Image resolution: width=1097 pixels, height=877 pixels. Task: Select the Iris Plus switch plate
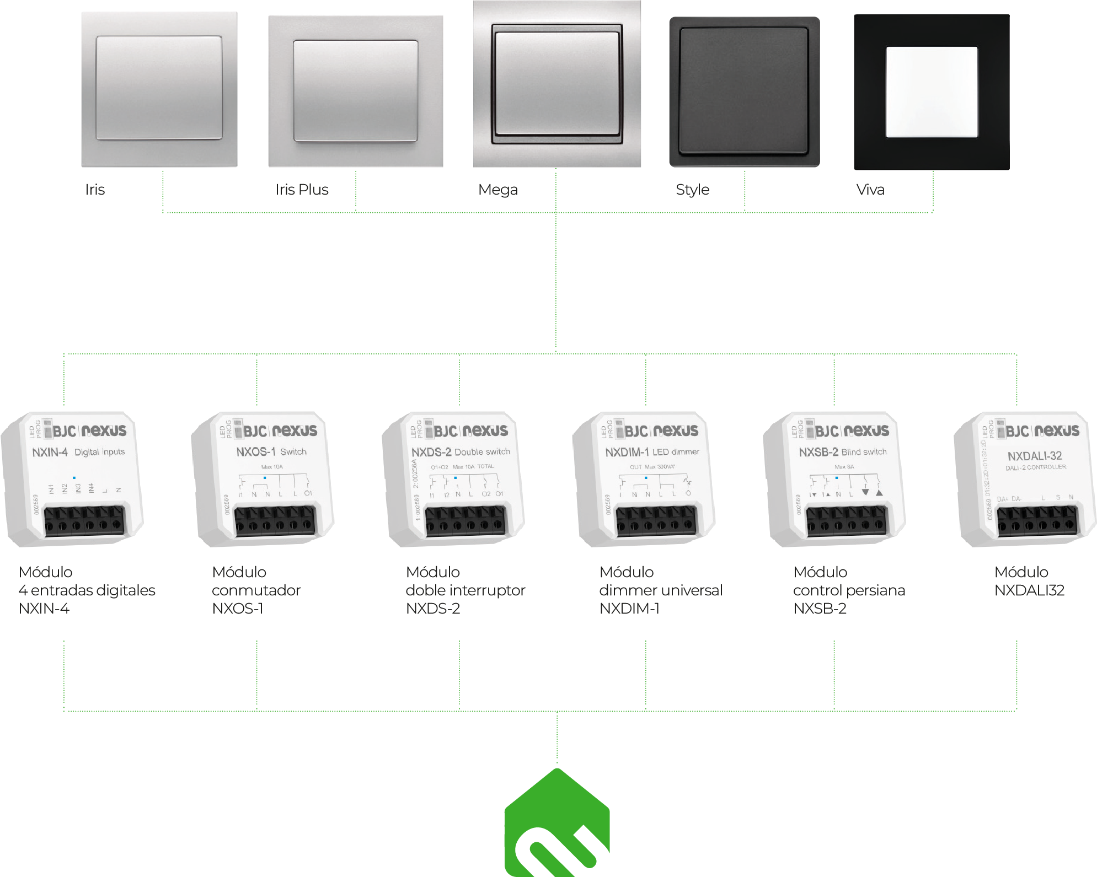coord(355,91)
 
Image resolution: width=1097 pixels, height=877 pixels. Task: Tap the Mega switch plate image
coord(557,84)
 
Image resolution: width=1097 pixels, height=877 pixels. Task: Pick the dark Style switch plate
coord(744,92)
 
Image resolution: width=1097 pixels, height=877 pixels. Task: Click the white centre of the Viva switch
coord(932,92)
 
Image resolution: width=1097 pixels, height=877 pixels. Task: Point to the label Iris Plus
coord(302,190)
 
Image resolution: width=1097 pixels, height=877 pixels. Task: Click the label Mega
coord(497,190)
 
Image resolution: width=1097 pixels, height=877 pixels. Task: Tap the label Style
coord(692,190)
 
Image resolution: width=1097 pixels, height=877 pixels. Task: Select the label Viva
coord(870,190)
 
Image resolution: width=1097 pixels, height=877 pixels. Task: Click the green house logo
coord(557,824)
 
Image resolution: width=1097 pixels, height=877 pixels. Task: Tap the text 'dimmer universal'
coord(660,590)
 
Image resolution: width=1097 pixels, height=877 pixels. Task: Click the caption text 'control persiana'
coord(849,590)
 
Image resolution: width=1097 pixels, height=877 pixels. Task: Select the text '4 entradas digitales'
coord(87,590)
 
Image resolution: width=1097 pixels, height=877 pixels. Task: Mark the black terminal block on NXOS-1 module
coord(274,521)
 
